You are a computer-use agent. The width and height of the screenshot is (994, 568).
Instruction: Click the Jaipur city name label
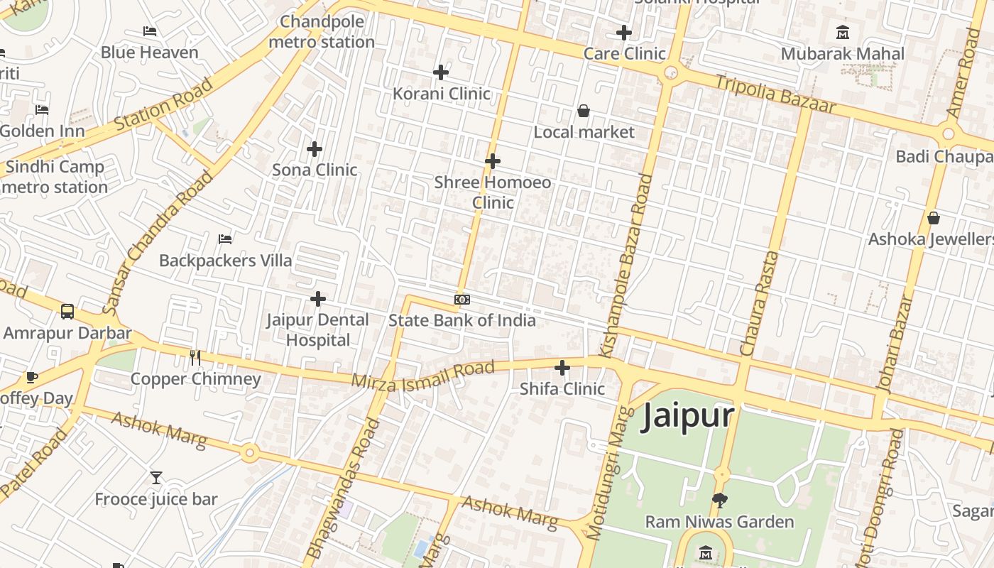pyautogui.click(x=687, y=416)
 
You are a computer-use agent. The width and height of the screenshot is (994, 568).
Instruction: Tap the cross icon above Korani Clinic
pyautogui.click(x=441, y=72)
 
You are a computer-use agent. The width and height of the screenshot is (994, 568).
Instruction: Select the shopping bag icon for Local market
pyautogui.click(x=583, y=111)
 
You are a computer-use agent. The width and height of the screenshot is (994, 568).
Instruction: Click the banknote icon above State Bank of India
pyautogui.click(x=462, y=300)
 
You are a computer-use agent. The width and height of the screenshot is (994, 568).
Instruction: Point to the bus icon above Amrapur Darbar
pyautogui.click(x=67, y=312)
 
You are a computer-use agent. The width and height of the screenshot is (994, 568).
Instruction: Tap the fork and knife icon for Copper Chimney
pyautogui.click(x=195, y=358)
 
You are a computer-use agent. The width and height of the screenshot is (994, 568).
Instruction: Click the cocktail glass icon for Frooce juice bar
pyautogui.click(x=156, y=478)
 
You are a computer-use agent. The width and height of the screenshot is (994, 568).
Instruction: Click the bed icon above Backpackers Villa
pyautogui.click(x=225, y=239)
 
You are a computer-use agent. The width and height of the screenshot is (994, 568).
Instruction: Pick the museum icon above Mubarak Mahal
pyautogui.click(x=843, y=33)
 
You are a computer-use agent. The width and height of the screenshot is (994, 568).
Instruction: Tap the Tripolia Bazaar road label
pyautogui.click(x=775, y=93)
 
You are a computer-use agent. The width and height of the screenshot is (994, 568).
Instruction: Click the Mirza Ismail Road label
pyautogui.click(x=422, y=374)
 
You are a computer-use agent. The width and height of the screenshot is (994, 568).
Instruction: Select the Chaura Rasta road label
pyautogui.click(x=760, y=303)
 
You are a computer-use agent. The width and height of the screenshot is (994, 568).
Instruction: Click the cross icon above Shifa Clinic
pyautogui.click(x=562, y=368)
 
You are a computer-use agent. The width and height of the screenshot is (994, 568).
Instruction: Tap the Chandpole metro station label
pyautogui.click(x=322, y=32)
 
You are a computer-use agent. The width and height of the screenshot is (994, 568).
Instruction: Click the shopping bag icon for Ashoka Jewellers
pyautogui.click(x=934, y=218)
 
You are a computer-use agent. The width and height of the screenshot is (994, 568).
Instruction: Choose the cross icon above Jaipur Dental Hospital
pyautogui.click(x=318, y=299)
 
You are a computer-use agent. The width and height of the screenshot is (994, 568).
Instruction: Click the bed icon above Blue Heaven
pyautogui.click(x=149, y=31)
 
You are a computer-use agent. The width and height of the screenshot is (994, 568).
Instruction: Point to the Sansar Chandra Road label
pyautogui.click(x=157, y=241)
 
